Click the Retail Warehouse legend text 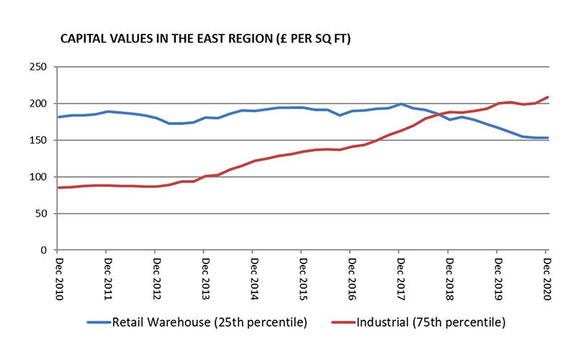coord(210,322)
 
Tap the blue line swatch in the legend coord(99,323)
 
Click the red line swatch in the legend coord(343,323)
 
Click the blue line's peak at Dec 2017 coord(400,104)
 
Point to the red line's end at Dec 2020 coord(546,97)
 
